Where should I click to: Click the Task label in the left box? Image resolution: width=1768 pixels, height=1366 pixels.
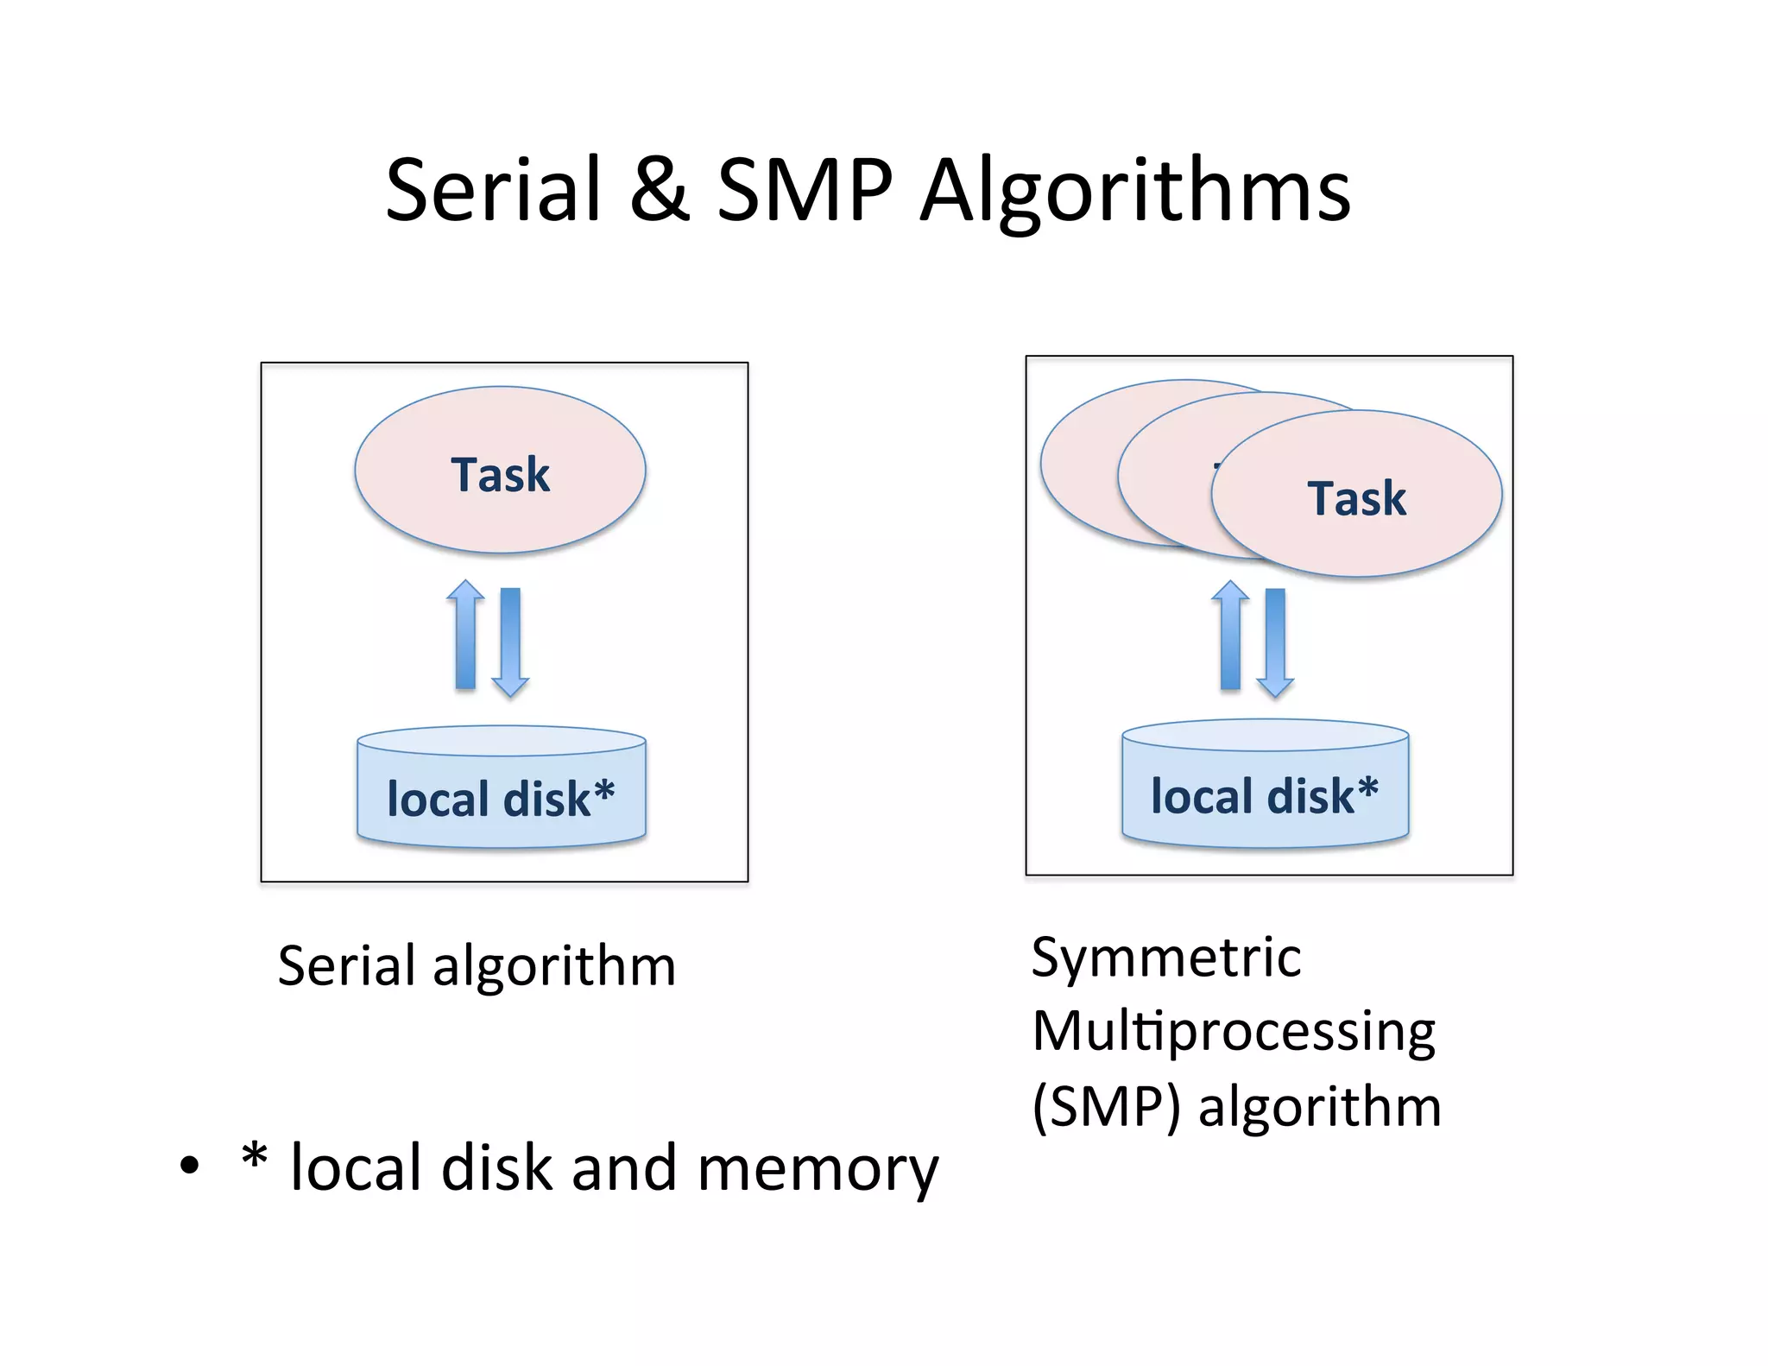tap(500, 475)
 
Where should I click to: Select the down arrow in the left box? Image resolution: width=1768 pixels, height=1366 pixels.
tap(510, 642)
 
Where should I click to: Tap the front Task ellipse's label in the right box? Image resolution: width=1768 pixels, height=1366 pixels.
tap(1356, 498)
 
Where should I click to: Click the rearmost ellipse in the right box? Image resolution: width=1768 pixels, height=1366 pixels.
tap(1079, 466)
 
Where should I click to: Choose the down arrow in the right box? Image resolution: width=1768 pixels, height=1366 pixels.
tap(1275, 642)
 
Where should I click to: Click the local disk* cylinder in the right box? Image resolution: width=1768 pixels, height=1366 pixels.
tap(1265, 794)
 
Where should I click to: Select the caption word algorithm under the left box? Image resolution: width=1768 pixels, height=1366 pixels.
tap(553, 967)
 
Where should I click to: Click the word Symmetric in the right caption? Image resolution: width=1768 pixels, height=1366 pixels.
tap(1165, 958)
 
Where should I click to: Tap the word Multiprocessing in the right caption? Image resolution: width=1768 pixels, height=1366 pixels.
tap(1233, 1033)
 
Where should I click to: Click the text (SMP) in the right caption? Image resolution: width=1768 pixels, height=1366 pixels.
tap(1106, 1107)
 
